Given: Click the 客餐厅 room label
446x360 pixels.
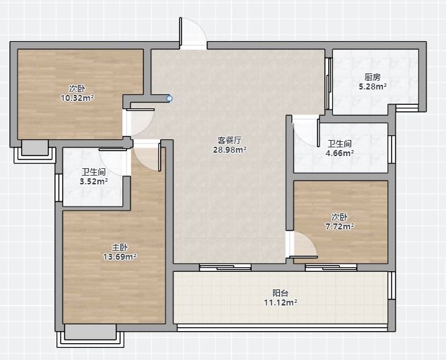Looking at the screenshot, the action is [229, 140].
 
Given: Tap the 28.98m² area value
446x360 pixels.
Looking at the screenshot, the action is [229, 149].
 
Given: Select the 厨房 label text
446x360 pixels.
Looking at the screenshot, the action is [373, 77].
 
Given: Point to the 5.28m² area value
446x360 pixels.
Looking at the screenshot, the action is [373, 86].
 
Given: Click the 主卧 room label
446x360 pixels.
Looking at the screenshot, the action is [120, 248].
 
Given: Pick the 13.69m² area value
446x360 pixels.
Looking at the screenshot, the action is [120, 257].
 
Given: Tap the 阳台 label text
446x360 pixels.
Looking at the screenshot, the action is [281, 293].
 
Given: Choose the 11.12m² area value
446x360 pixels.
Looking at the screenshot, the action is [281, 303].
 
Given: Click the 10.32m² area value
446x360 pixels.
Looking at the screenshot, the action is [77, 98].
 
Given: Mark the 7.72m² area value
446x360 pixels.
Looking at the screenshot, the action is [340, 227].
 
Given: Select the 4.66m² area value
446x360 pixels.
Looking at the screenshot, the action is [340, 153].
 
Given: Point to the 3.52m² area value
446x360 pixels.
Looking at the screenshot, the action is [94, 181].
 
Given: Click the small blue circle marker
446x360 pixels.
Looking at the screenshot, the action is [170, 98].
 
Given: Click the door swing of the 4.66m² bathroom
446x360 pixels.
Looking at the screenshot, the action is [306, 131].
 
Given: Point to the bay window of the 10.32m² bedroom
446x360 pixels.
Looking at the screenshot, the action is [35, 151].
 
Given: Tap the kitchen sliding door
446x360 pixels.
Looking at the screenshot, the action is [328, 83].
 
